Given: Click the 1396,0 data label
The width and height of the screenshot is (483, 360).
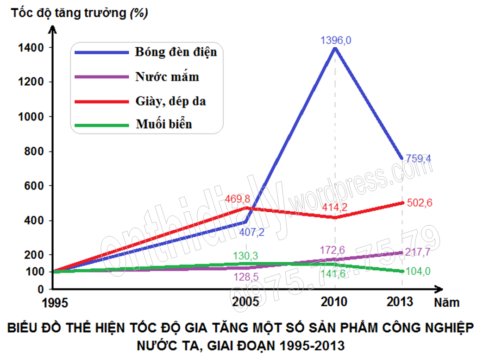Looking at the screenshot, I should pos(336,41).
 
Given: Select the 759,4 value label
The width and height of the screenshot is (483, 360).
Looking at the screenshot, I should pos(418,158).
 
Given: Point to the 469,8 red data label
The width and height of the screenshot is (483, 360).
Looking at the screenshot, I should pos(241,199).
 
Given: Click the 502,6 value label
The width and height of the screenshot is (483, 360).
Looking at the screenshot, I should pos(418,202).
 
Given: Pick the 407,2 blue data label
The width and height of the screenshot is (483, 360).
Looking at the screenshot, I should pos(252,232).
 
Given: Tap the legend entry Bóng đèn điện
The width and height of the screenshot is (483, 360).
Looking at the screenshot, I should pos(176,51).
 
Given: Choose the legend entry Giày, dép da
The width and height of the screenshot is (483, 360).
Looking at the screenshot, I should pos(170,101).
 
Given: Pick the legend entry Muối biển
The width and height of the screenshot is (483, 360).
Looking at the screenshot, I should pos(163,124).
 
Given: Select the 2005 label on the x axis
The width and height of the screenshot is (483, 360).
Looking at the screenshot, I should pos(245,302).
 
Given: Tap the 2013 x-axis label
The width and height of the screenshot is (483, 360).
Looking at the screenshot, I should pos(400,302).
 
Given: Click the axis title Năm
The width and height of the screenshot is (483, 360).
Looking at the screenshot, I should pos(447,303).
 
